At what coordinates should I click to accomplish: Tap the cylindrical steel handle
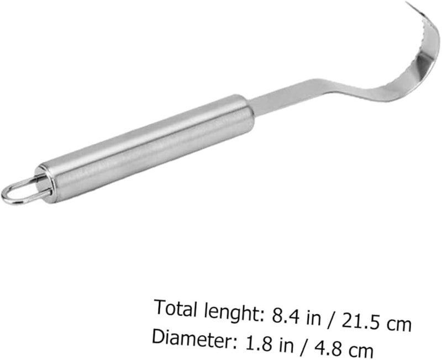click(x=146, y=148)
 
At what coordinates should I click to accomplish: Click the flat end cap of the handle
click(x=44, y=184)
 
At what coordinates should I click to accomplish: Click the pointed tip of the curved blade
click(x=407, y=3)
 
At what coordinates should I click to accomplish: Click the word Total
click(x=175, y=308)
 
